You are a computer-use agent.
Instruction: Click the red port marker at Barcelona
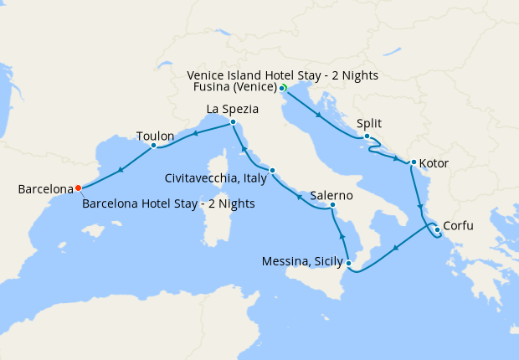point(78,188)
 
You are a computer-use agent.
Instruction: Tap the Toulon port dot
point(154,145)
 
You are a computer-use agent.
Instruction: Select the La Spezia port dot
point(233,123)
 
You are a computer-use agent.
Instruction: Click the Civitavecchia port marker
point(272,171)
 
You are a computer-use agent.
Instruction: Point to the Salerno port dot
point(332,205)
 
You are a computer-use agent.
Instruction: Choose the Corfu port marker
point(437,229)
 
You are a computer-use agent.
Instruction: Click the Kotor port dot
point(413,162)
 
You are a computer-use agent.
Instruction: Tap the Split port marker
point(367,136)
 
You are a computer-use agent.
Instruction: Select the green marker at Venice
point(284,88)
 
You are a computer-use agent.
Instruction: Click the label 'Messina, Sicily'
point(301,262)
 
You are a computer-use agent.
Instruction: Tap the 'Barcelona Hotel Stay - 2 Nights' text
point(169,203)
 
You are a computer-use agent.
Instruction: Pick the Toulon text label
point(155,136)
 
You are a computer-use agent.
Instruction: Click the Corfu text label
point(464,225)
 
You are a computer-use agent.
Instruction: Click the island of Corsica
point(228,164)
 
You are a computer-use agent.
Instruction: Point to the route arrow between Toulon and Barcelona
point(122,170)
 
